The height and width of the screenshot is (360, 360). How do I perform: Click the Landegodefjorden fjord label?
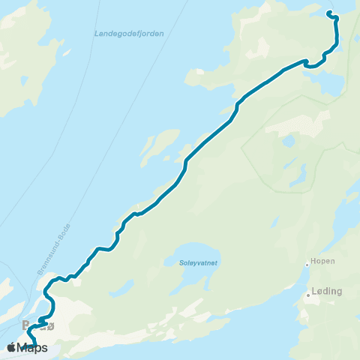coord(129,34)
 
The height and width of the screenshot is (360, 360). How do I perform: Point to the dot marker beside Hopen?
coord(307,264)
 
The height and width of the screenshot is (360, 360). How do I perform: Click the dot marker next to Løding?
coord(307,295)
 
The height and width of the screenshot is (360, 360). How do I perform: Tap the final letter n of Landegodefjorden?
coord(162,34)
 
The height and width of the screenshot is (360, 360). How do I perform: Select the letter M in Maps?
coord(22,347)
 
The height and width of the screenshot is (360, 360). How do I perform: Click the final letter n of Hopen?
coord(332,262)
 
